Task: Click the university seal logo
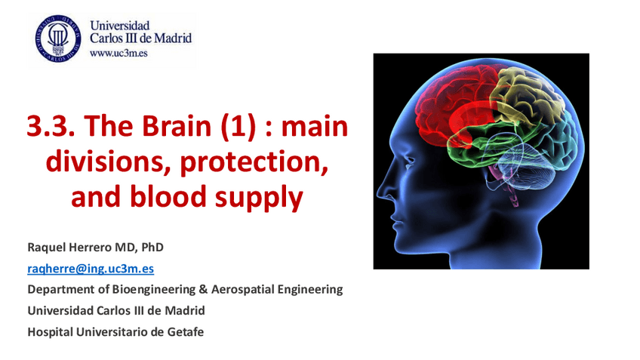click(57, 38)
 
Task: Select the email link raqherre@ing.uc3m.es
click(91, 268)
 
